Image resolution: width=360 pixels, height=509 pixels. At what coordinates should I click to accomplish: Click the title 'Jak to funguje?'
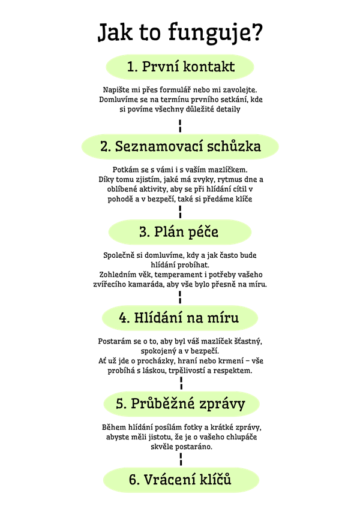click(180, 32)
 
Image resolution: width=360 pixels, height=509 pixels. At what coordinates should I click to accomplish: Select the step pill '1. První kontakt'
click(180, 67)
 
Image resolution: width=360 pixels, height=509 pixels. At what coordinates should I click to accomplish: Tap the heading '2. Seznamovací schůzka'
click(180, 146)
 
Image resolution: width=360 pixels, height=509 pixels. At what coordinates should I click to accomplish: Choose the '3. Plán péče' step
click(180, 232)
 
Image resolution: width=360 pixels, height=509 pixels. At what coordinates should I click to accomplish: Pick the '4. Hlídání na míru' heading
click(180, 318)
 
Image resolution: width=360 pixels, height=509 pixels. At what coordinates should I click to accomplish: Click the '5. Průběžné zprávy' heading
click(181, 404)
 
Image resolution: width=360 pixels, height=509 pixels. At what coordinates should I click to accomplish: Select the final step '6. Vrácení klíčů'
click(181, 480)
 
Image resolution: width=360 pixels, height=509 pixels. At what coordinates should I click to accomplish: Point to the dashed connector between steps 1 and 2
click(180, 126)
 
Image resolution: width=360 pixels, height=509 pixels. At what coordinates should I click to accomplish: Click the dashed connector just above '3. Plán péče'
click(180, 212)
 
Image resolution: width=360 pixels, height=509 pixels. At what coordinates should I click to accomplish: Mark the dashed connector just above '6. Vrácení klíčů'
click(181, 459)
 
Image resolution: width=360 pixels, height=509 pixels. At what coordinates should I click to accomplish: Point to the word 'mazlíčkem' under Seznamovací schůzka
click(227, 170)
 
